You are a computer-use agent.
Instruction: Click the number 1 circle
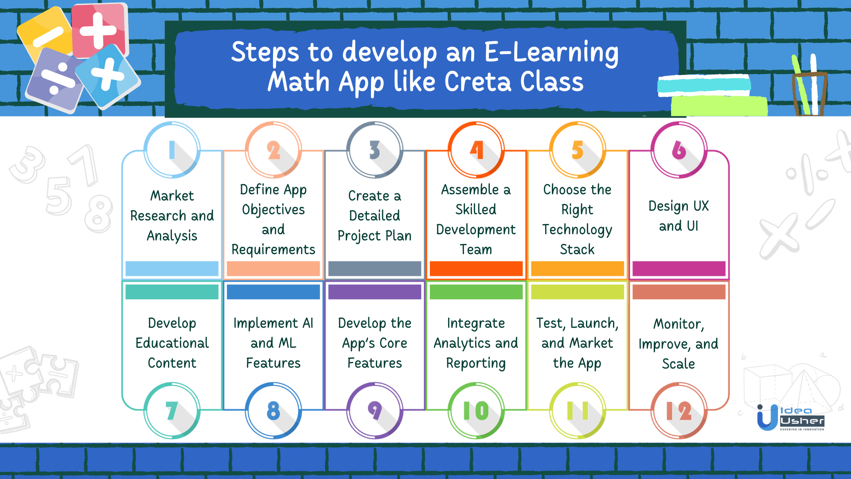[172, 150]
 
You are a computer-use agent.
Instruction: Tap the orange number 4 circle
[476, 150]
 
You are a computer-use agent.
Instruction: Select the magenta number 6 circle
[679, 150]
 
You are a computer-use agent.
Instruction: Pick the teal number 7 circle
[172, 411]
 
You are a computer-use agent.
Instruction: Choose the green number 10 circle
[476, 411]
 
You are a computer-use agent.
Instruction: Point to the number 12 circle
[679, 411]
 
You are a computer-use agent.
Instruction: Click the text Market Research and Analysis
[172, 216]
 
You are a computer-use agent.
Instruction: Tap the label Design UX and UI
[679, 216]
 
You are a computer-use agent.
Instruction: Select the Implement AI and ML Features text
[273, 343]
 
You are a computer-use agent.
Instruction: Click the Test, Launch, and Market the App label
[577, 343]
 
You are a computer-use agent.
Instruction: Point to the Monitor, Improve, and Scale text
[679, 344]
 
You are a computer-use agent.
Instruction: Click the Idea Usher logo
[791, 418]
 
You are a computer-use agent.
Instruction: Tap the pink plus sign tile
[98, 30]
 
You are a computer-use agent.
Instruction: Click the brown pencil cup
[809, 94]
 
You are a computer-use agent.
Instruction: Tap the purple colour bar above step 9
[375, 292]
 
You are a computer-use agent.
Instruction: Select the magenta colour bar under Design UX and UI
[679, 268]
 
